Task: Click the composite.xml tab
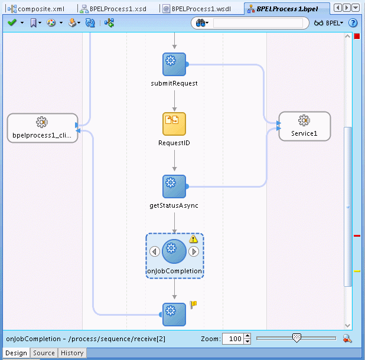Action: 40,9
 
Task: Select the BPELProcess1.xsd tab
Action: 118,9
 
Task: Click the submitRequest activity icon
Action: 174,64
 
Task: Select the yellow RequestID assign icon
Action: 174,124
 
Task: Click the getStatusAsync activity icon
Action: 174,186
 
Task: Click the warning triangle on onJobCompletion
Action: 193,239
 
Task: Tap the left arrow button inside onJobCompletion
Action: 155,251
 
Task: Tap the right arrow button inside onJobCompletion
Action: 194,251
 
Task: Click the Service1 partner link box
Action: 304,126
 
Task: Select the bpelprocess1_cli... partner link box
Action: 42,128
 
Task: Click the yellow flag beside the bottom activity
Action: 193,305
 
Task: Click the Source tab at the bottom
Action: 44,353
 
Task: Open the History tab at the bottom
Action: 72,353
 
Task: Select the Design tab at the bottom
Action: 16,353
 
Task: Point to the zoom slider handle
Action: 296,338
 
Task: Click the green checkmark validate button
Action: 12,23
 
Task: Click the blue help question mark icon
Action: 353,23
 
